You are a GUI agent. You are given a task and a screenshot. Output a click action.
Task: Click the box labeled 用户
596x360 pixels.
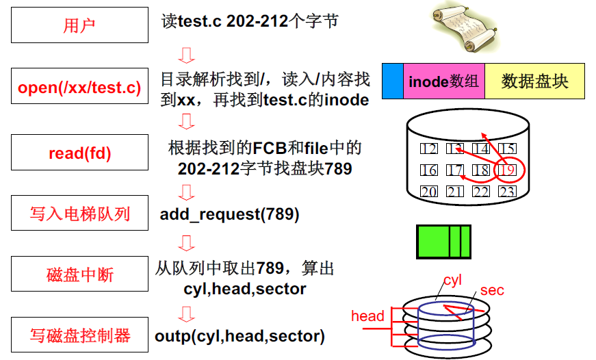tap(79, 26)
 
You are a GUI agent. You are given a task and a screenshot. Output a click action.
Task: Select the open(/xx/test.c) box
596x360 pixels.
tap(79, 88)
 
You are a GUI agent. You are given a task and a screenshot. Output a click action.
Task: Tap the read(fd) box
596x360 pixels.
tap(79, 153)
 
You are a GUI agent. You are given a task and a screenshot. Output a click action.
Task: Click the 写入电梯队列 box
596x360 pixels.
tap(79, 214)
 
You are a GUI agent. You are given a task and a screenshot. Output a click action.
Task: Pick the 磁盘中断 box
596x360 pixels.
tap(79, 275)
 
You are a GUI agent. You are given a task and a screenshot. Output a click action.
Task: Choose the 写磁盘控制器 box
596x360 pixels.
tap(79, 336)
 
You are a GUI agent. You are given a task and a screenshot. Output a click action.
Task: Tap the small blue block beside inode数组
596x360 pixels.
tap(393, 81)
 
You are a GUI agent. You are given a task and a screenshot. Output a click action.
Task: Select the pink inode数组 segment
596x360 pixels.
tap(444, 81)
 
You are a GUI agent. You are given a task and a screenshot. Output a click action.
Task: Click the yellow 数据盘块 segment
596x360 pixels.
tap(534, 81)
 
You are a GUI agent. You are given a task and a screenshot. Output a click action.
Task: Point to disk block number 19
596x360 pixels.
tap(507, 170)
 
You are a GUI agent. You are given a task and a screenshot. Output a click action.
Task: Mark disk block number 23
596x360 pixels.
tap(507, 192)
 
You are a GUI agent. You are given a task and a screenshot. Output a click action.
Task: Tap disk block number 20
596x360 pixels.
tap(429, 192)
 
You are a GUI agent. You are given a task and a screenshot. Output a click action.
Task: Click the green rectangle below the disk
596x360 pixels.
tap(443, 242)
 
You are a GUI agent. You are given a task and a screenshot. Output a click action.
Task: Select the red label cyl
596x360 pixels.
tap(452, 281)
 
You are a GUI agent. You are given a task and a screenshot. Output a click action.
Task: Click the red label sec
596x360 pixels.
tap(491, 290)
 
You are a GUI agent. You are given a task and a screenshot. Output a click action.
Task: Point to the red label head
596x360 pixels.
tap(367, 316)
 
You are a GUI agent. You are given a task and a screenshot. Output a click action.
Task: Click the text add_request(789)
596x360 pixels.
tap(229, 214)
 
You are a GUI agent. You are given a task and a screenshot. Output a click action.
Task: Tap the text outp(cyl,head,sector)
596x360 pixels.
tap(239, 336)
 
